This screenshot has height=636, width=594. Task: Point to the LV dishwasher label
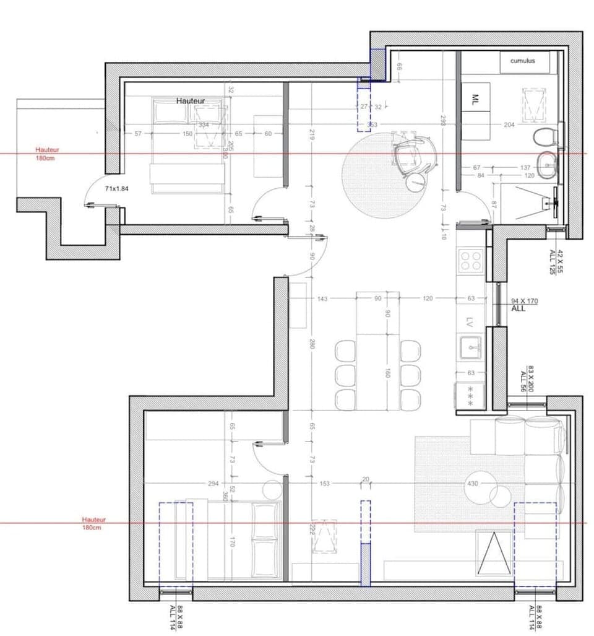coord(469,322)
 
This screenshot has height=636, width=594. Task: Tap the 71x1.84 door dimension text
coord(120,188)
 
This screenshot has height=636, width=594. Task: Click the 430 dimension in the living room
coord(473,483)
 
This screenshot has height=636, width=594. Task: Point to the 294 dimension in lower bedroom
coord(196,483)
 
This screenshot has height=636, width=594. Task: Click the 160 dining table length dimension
coord(387,373)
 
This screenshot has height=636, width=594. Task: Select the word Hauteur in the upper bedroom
coord(190,100)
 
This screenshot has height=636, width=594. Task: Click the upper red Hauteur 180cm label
coord(47,154)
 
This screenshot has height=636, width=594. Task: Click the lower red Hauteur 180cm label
coord(93,523)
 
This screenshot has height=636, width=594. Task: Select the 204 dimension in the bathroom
coord(509,124)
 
